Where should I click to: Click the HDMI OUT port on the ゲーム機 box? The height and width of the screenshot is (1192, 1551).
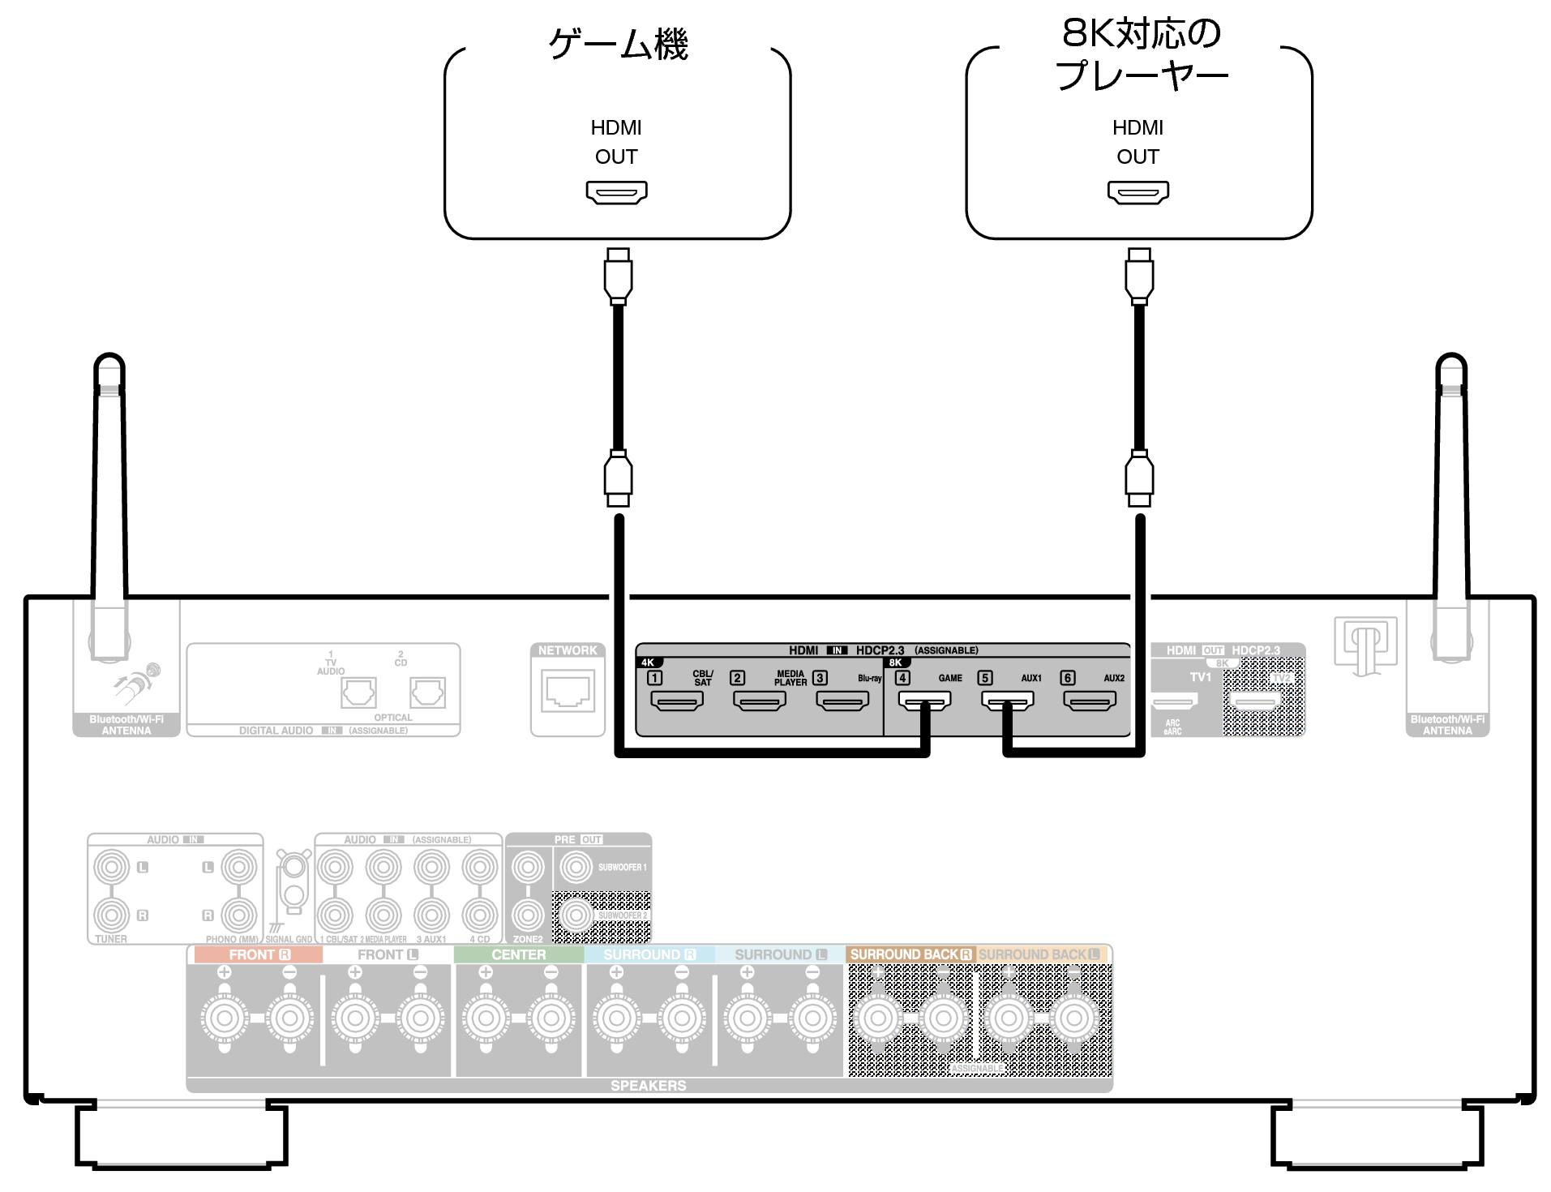pyautogui.click(x=616, y=192)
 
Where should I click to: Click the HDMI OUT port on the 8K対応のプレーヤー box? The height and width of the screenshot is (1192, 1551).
pyautogui.click(x=1138, y=192)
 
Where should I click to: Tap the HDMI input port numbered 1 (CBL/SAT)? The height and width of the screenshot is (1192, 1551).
pyautogui.click(x=677, y=701)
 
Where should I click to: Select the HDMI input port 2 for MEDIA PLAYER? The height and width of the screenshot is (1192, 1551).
pyautogui.click(x=760, y=701)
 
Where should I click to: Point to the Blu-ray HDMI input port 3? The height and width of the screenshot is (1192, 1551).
pyautogui.click(x=842, y=701)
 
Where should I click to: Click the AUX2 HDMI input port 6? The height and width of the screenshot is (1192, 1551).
pyautogui.click(x=1090, y=701)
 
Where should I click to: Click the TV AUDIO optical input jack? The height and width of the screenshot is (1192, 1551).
pyautogui.click(x=358, y=693)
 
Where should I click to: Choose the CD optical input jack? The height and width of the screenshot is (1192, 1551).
pyautogui.click(x=427, y=693)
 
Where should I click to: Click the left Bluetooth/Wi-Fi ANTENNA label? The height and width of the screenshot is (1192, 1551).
pyautogui.click(x=126, y=725)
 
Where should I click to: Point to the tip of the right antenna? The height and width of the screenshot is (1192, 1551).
pyautogui.click(x=1451, y=361)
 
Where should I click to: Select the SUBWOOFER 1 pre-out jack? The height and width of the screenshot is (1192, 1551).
pyautogui.click(x=576, y=868)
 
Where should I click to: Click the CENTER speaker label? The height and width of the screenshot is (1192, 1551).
pyautogui.click(x=518, y=954)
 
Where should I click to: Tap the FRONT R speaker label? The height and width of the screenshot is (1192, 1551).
pyautogui.click(x=259, y=954)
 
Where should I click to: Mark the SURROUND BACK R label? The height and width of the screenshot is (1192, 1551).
pyautogui.click(x=910, y=954)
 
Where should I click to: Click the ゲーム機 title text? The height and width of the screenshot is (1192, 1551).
pyautogui.click(x=618, y=44)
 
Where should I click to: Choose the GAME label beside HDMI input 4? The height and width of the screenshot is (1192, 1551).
pyautogui.click(x=950, y=678)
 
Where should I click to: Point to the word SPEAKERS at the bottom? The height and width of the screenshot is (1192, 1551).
pyautogui.click(x=648, y=1085)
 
